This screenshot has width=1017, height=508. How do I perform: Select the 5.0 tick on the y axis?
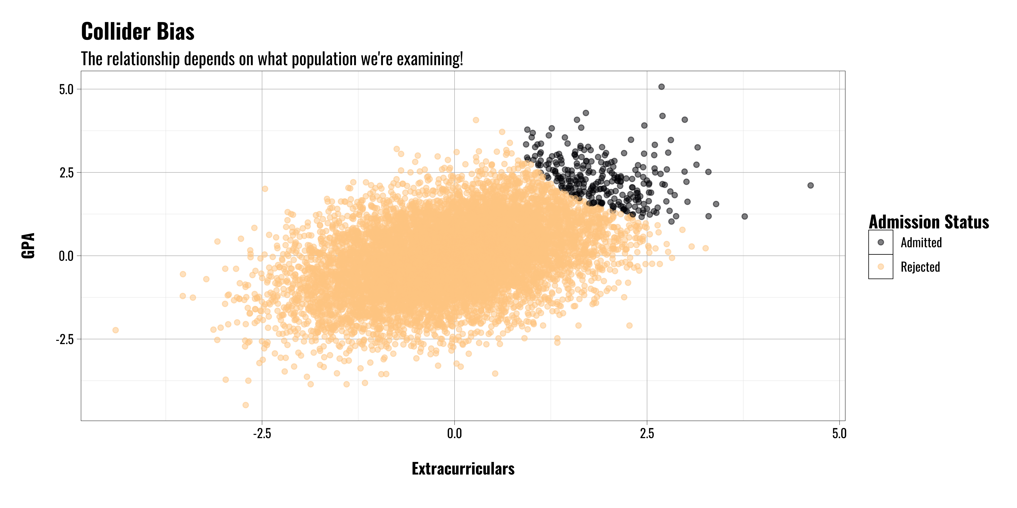66,90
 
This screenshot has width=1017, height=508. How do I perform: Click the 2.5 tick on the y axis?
66,173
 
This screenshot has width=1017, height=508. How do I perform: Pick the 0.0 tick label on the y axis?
66,256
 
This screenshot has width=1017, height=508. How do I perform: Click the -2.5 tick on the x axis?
262,433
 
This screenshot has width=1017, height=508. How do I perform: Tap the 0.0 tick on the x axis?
454,433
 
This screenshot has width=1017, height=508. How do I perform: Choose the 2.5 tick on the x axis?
647,433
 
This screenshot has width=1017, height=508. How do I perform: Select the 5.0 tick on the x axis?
839,433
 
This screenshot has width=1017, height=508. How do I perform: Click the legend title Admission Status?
929,222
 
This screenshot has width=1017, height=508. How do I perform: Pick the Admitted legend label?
921,242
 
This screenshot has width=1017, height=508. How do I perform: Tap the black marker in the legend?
880,242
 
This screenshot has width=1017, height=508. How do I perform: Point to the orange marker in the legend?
880,267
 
